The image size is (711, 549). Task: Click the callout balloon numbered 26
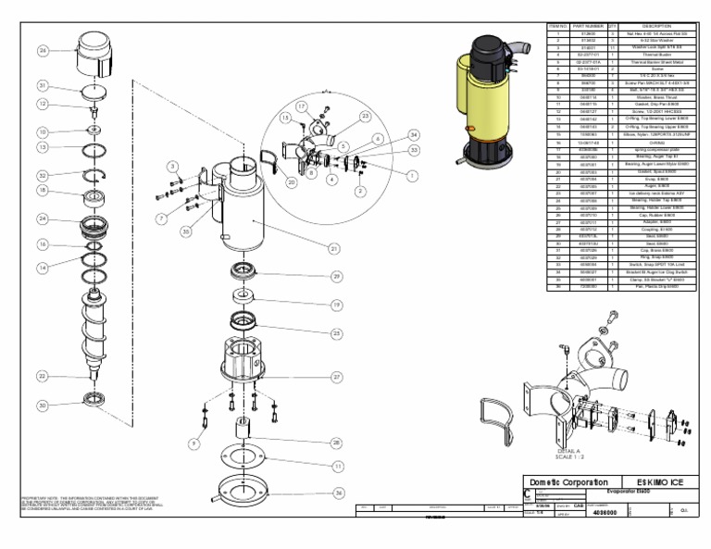(43, 51)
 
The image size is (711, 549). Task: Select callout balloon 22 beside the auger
(43, 376)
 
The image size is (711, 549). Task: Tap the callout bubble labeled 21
(334, 247)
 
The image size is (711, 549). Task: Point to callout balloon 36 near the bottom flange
(339, 493)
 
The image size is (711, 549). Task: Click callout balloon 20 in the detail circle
(292, 182)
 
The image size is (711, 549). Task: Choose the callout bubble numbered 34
(413, 135)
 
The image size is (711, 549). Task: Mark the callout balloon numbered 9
(193, 443)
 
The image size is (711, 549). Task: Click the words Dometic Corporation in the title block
(568, 482)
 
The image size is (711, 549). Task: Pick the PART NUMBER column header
(588, 26)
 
